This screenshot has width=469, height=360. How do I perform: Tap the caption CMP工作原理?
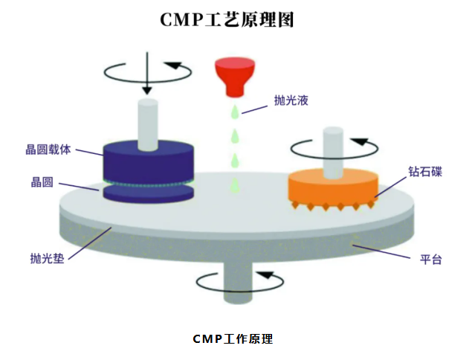[233, 339]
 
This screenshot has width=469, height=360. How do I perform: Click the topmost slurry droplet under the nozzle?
[234, 112]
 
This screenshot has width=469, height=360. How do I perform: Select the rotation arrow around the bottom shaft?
[239, 283]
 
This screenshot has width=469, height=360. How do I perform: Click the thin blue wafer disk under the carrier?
[147, 193]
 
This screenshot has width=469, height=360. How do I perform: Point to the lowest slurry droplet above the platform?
[234, 183]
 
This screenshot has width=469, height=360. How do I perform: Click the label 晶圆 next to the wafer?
[42, 181]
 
